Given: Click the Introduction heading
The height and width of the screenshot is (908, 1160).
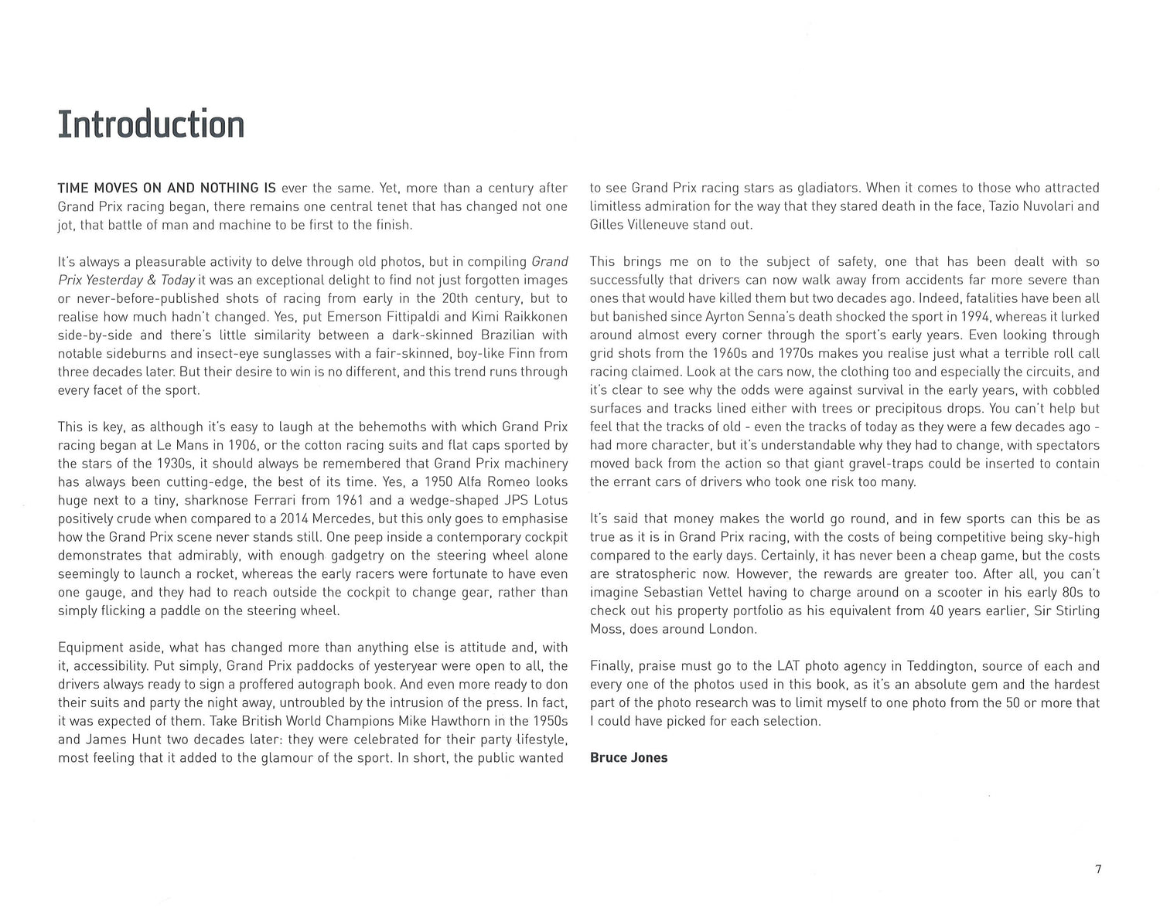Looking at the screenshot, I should pos(152,124).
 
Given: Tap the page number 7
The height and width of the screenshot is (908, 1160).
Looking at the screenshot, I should pos(1098,869).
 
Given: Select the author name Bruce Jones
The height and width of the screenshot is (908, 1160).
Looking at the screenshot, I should pos(628,757).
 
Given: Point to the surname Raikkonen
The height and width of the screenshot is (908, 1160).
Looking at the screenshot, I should pos(534,316).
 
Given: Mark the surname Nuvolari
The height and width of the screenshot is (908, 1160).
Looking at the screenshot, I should pos(1032,206).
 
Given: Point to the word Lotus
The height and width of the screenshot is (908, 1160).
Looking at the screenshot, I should pos(549,500).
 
